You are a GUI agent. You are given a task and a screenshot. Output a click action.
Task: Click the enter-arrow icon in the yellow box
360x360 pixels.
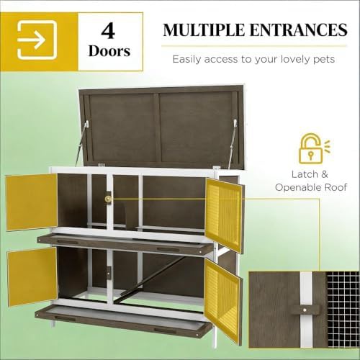[x=37, y=40]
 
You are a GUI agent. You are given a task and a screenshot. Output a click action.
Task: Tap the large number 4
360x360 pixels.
[x=108, y=31]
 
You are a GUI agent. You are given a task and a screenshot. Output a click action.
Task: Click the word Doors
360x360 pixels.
[x=109, y=51]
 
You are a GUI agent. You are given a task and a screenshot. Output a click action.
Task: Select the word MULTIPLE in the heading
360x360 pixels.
[x=203, y=30]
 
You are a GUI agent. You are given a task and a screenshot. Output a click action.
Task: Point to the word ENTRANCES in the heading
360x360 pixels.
[x=298, y=30]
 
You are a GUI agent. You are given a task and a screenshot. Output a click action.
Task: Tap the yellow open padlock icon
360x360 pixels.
[x=311, y=150]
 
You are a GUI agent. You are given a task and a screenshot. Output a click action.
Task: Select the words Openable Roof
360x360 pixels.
[x=311, y=187]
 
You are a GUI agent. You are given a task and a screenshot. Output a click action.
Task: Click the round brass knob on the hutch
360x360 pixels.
[x=109, y=199]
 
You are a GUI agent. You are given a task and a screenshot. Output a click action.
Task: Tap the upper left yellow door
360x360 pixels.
[x=32, y=202]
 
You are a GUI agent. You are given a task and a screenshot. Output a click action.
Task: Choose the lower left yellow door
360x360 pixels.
[x=32, y=276]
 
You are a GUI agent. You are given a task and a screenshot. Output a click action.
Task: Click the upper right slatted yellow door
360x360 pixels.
[x=224, y=215]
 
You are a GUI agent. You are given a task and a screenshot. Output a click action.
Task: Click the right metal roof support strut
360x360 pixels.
[x=233, y=143]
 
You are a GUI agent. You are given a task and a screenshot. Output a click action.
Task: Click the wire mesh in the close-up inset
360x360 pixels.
[x=343, y=310]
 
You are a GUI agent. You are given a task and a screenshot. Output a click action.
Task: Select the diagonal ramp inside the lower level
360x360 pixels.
[x=153, y=276]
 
